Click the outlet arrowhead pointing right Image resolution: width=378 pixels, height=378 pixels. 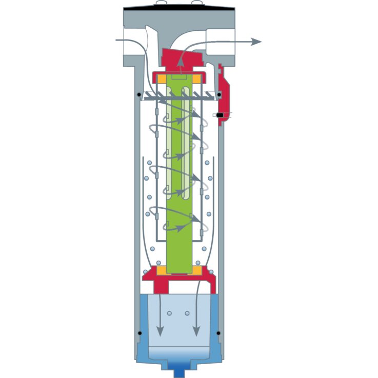point(256,42)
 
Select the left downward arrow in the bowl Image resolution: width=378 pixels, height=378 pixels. point(160,330)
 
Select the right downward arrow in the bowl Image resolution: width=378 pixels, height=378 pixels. point(196,330)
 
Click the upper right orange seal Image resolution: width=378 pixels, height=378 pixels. point(197,79)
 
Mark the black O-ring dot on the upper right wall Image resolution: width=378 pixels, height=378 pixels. point(219,94)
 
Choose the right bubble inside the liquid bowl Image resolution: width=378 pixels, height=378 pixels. point(187,313)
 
